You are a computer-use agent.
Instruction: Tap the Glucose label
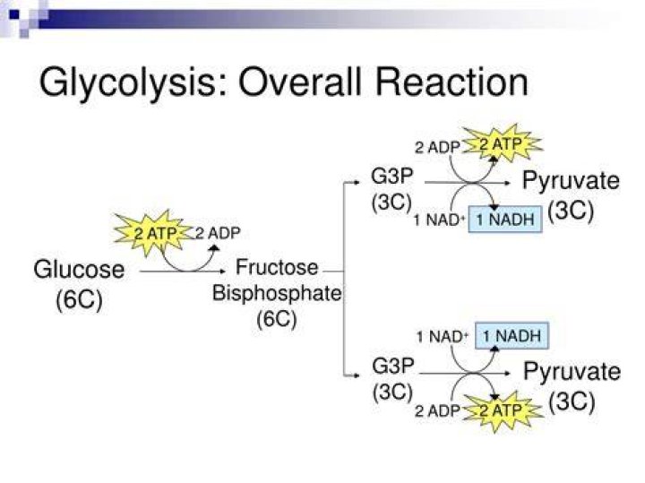(x=79, y=270)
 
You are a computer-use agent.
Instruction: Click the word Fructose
(x=277, y=267)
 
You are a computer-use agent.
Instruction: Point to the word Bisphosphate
(x=277, y=293)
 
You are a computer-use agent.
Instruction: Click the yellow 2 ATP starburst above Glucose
(x=155, y=233)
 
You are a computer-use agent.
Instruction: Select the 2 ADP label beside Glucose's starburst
(x=218, y=233)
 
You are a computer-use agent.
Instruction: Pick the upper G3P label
(x=392, y=177)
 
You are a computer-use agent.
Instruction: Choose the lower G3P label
(x=393, y=366)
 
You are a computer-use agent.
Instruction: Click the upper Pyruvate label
(x=571, y=181)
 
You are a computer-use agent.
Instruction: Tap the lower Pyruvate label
(x=572, y=372)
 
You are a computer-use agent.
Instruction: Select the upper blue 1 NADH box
(x=505, y=220)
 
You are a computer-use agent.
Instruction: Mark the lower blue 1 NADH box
(x=512, y=336)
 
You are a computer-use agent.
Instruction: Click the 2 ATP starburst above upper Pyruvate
(x=502, y=144)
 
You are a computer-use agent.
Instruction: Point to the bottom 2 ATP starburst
(x=503, y=410)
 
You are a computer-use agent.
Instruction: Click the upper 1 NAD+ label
(x=439, y=220)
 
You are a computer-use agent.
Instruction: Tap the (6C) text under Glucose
(x=79, y=299)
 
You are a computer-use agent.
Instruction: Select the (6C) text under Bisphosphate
(x=277, y=319)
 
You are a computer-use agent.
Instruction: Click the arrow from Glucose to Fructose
(x=183, y=272)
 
